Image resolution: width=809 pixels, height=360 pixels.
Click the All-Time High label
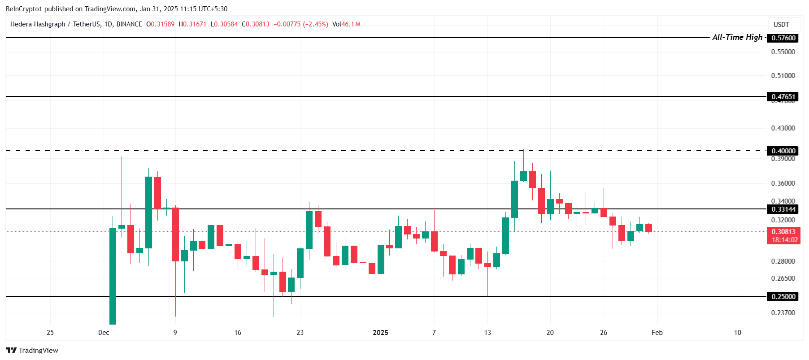coord(737,37)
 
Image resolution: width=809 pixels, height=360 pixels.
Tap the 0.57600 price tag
coord(783,38)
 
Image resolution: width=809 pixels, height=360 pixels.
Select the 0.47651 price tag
coord(783,97)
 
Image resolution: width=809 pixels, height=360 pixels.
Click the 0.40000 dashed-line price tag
coord(783,151)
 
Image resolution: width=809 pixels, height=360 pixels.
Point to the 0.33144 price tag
coord(783,209)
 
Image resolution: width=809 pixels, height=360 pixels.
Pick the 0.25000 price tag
coord(783,297)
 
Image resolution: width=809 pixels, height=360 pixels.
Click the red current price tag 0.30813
coord(783,232)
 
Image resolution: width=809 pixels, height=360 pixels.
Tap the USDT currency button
coord(781,25)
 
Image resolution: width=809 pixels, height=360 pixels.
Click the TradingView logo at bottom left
coord(32,350)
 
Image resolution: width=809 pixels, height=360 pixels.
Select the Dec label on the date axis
coord(104,333)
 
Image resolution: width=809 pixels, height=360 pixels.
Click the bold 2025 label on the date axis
coord(380,333)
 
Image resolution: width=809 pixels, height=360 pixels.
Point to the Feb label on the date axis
coord(657,333)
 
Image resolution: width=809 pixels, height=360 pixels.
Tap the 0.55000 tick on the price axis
coord(783,52)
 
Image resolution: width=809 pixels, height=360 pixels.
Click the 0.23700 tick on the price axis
coord(783,313)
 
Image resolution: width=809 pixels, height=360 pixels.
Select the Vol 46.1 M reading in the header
coord(346,24)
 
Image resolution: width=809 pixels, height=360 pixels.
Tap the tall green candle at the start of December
coord(113,276)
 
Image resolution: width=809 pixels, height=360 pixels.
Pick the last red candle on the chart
coord(648,228)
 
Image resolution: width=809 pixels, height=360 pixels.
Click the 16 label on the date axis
coord(238,333)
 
